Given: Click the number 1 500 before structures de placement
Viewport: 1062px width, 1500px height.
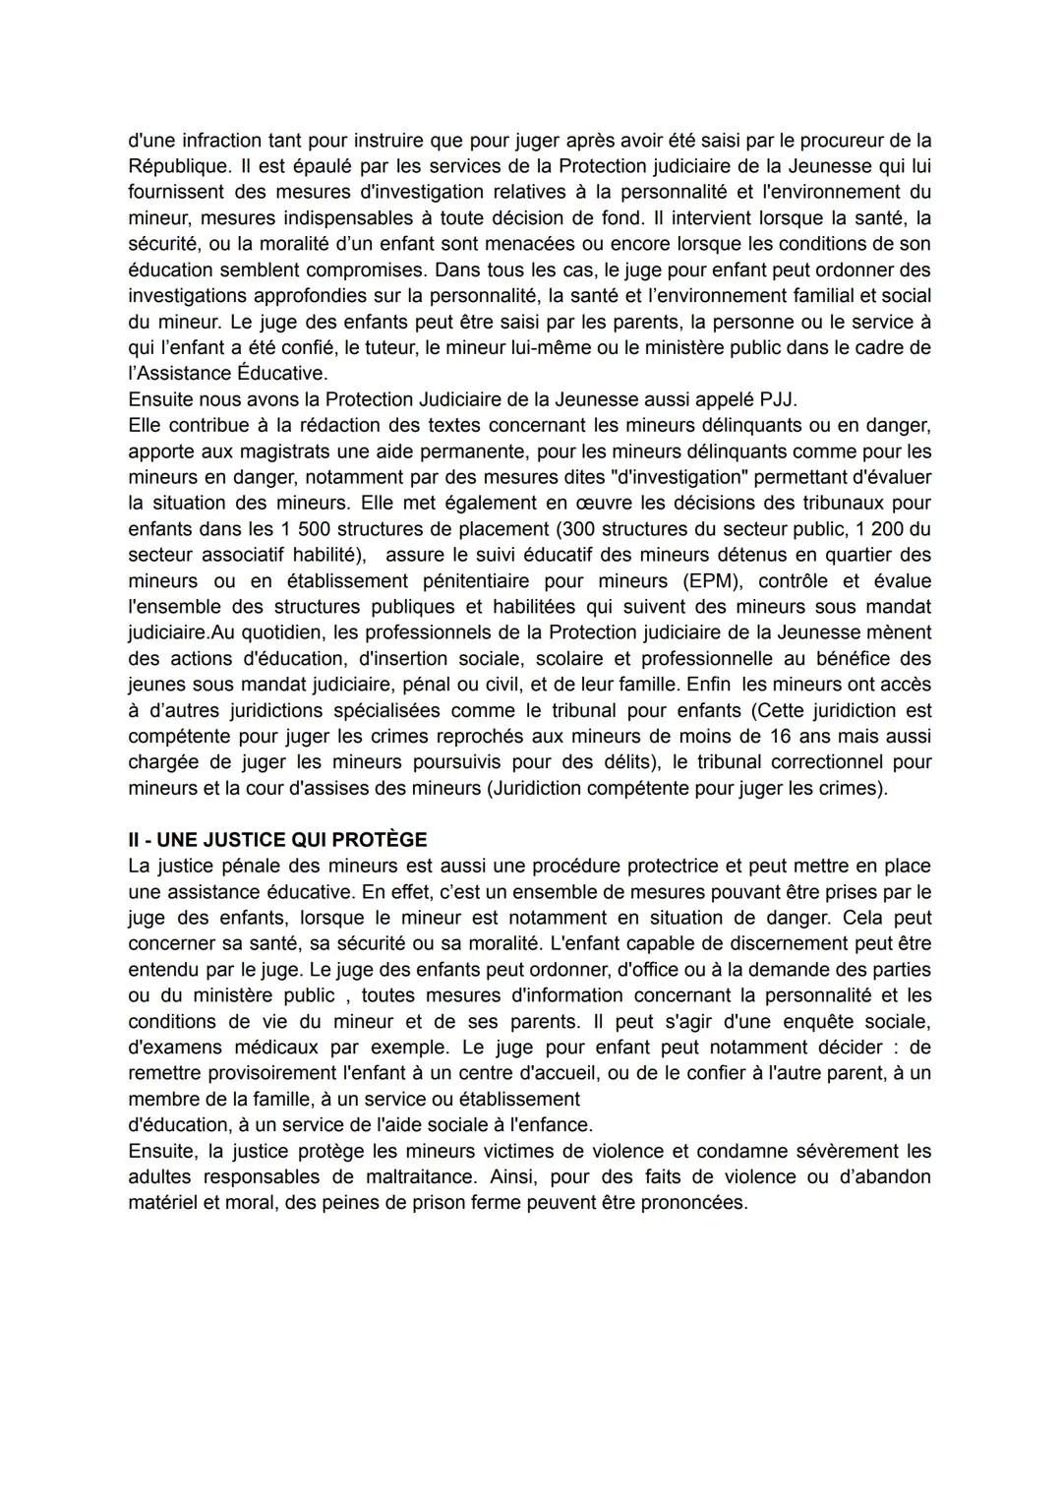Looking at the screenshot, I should (x=303, y=529).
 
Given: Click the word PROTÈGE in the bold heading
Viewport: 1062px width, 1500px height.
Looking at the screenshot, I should (x=379, y=840).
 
